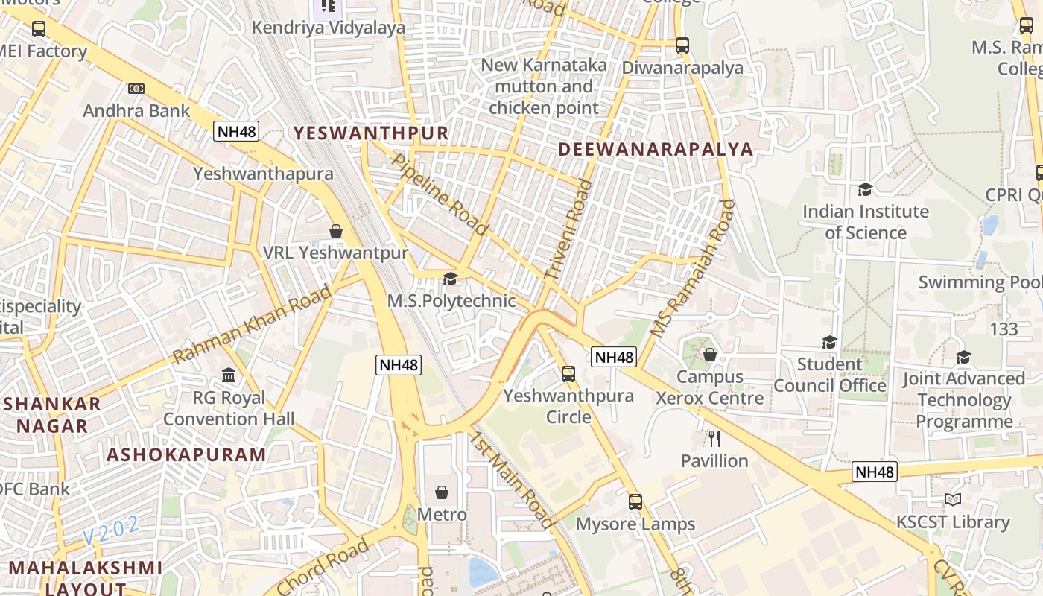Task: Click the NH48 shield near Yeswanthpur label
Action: [236, 132]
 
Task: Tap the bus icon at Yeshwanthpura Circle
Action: [568, 373]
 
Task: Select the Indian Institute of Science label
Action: [865, 222]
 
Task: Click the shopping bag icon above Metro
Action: [442, 492]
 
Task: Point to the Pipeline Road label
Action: [439, 194]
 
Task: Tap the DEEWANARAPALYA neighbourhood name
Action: [656, 149]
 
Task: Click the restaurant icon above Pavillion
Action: [714, 438]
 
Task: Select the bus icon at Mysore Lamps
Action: [635, 501]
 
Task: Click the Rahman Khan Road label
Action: [253, 324]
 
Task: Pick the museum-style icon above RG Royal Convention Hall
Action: [229, 375]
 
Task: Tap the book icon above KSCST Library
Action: [952, 499]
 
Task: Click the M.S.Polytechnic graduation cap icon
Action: [450, 279]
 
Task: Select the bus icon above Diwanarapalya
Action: [682, 45]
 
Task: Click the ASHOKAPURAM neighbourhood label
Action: [186, 454]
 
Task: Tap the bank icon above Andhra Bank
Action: [136, 89]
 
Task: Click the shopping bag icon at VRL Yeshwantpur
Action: [336, 231]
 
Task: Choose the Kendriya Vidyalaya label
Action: [329, 28]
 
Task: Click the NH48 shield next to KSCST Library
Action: [875, 472]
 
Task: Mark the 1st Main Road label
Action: [511, 480]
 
